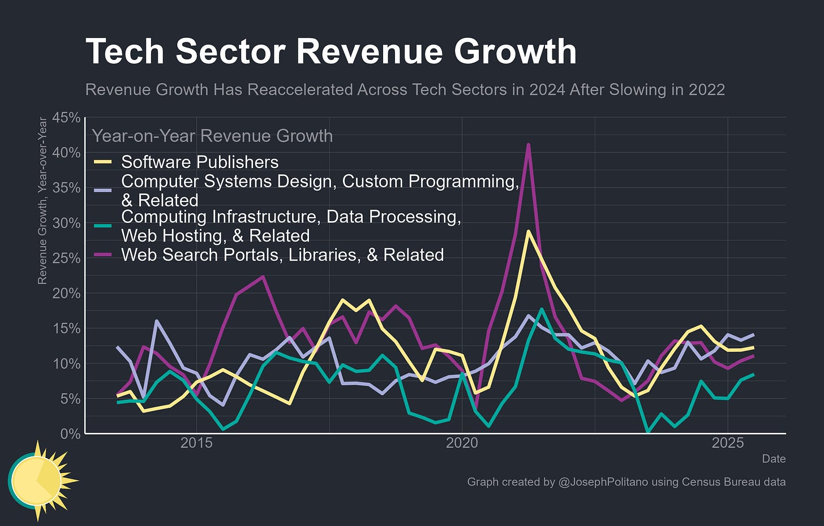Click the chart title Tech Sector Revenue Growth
pyautogui.click(x=331, y=51)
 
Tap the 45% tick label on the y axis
pyautogui.click(x=66, y=118)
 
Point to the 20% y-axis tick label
pyautogui.click(x=66, y=294)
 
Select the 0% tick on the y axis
pyautogui.click(x=70, y=434)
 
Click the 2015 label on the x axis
pyautogui.click(x=196, y=443)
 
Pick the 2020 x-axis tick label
pyautogui.click(x=462, y=443)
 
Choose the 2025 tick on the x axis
pyautogui.click(x=727, y=443)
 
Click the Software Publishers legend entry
pyautogui.click(x=200, y=162)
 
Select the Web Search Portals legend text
pyautogui.click(x=282, y=255)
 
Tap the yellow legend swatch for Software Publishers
pyautogui.click(x=102, y=162)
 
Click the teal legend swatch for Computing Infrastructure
pyautogui.click(x=102, y=226)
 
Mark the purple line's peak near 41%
pyautogui.click(x=528, y=145)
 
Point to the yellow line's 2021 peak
pyautogui.click(x=527, y=231)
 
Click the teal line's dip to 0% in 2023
pyautogui.click(x=648, y=432)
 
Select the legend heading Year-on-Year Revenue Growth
pyautogui.click(x=212, y=136)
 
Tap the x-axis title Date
pyautogui.click(x=774, y=459)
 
